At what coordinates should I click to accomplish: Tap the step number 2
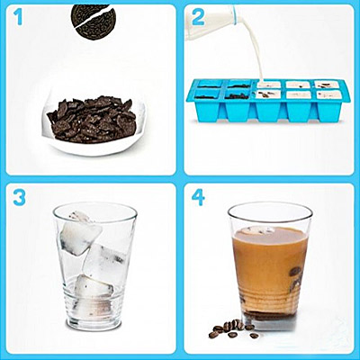coord(198,17)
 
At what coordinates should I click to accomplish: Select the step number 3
coord(19,197)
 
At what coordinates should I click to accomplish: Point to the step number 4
coord(198,197)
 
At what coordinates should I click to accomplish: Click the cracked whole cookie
coord(94,21)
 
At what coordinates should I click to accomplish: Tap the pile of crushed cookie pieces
coord(92,119)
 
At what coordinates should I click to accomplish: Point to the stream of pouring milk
coord(255,48)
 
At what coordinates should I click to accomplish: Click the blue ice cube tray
coord(264,101)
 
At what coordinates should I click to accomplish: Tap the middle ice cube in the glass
coord(103,260)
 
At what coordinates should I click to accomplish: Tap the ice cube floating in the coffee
coord(258,230)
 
